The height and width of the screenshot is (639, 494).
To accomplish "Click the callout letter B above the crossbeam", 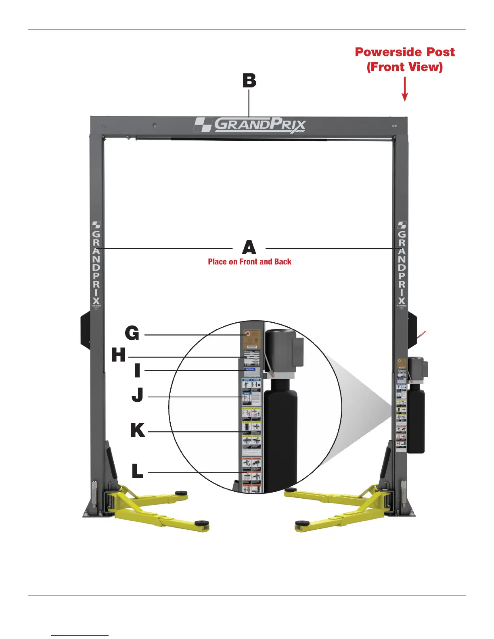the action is (249, 81).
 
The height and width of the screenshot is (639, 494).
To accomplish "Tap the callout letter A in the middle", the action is (249, 247).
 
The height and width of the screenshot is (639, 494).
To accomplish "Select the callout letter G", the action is (132, 334).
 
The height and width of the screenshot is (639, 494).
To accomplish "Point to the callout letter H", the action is (119, 355).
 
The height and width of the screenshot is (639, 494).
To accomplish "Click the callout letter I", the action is (137, 370).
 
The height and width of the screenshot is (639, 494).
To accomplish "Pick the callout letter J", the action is (138, 395).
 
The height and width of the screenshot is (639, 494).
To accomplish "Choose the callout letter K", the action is (137, 430).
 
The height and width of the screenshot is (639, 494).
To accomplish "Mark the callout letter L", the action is (137, 471).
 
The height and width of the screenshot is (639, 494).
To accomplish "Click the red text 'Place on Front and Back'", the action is (249, 262).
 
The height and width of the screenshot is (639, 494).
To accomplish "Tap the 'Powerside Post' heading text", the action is (404, 52).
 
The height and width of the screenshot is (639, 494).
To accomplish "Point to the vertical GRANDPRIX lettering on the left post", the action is (96, 264).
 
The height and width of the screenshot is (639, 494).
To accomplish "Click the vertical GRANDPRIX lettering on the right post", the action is (402, 264).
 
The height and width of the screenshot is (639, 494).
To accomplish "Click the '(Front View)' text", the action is (404, 67).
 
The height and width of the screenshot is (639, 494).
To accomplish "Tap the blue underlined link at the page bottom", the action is (80, 635).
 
